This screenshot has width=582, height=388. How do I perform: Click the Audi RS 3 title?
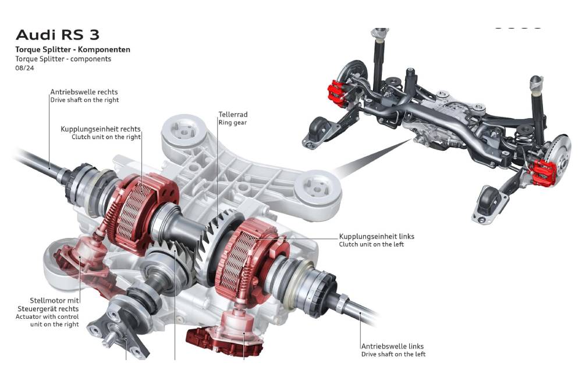(x=57, y=35)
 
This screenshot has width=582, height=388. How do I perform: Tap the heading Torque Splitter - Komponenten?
(x=73, y=49)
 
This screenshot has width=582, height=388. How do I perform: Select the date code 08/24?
(x=24, y=68)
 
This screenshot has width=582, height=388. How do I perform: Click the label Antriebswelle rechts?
(x=84, y=92)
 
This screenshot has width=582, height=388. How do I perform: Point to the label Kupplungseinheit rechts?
(x=101, y=129)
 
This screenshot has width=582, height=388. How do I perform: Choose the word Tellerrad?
(x=233, y=115)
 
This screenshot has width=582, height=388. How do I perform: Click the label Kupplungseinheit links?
(x=377, y=237)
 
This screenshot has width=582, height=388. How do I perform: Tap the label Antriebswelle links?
(x=392, y=346)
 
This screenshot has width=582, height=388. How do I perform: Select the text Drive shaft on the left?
(x=393, y=354)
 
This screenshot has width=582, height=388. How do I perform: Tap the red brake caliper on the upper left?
(x=336, y=92)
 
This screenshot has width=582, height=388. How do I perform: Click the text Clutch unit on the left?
(x=371, y=245)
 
